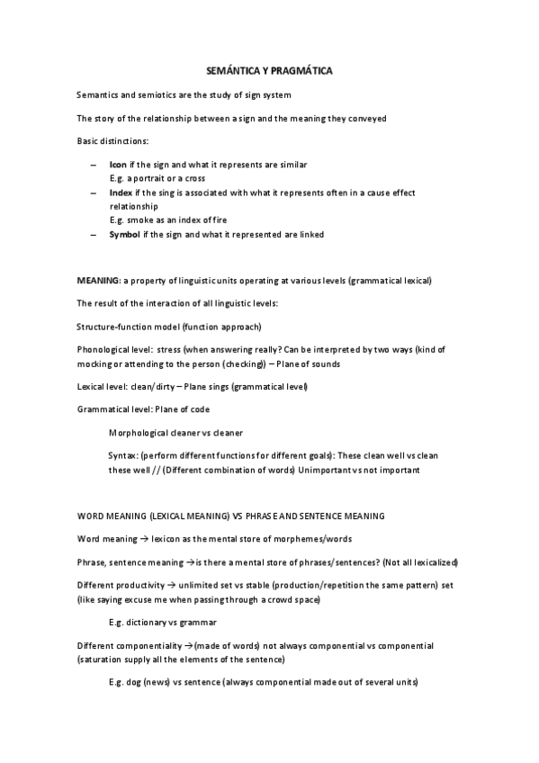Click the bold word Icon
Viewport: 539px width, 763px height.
[117, 165]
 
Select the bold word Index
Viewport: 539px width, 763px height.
[120, 193]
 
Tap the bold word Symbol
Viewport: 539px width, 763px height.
[125, 234]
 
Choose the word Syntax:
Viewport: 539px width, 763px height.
[123, 456]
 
